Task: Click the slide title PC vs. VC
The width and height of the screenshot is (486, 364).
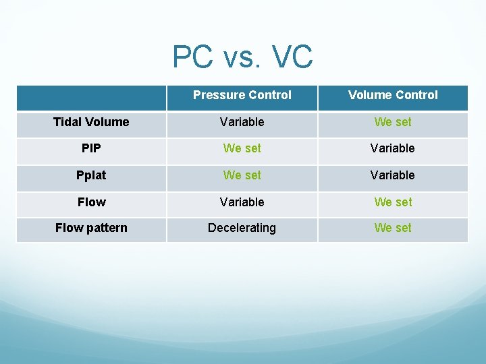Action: [242, 57]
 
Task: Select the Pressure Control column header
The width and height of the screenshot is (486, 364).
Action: [242, 95]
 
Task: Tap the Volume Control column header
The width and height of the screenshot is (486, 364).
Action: [393, 95]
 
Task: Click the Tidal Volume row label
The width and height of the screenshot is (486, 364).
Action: [91, 122]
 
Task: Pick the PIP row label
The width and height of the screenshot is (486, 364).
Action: [91, 148]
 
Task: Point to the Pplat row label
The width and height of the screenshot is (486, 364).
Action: [91, 175]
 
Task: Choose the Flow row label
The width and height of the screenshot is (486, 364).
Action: [91, 202]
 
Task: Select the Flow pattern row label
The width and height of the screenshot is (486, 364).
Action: [91, 228]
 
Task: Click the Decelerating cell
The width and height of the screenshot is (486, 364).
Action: [242, 228]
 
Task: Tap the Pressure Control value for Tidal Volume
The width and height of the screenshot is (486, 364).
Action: [242, 122]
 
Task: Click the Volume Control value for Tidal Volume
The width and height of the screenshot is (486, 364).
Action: [393, 122]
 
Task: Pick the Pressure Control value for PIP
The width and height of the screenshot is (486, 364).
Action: [242, 148]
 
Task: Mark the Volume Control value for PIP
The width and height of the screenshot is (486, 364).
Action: [393, 148]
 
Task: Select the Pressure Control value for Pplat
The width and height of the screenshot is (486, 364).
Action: [242, 175]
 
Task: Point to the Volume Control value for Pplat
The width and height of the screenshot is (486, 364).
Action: [393, 175]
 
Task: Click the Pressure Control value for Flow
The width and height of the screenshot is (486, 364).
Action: [242, 202]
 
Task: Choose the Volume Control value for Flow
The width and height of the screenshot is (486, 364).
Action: [393, 202]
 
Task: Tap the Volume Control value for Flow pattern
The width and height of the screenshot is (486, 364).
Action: [393, 228]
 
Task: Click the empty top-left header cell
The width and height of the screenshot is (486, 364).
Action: [91, 97]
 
